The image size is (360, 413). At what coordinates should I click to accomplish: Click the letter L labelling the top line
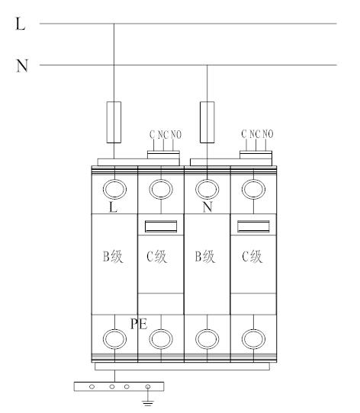coord(21,24)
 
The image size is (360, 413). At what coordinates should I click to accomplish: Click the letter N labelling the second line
coord(22,66)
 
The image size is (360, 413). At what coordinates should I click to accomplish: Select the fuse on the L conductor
coord(114,122)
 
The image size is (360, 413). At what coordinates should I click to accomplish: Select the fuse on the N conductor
coord(207,122)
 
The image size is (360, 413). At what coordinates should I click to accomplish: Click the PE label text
coord(139,324)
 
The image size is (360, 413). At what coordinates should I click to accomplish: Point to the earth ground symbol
coord(148,403)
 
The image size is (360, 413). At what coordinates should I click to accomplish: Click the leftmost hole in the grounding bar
coord(92,386)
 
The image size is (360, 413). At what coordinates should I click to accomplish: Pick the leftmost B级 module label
coord(113,256)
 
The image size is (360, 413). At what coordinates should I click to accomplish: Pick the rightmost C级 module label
coord(252,256)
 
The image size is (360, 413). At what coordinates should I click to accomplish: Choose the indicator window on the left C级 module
coord(161,226)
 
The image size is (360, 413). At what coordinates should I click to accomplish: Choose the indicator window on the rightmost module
coord(253,226)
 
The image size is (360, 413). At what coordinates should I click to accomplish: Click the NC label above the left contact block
coord(163,135)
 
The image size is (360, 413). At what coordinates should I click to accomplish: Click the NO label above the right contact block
coord(268,134)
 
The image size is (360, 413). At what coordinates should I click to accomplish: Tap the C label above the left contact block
coord(153,135)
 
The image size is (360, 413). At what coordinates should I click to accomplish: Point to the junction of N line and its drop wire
coord(207,65)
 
